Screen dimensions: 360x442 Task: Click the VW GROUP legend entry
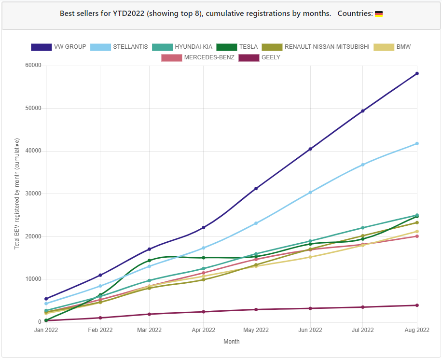[58, 47]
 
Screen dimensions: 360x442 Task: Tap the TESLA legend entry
[237, 47]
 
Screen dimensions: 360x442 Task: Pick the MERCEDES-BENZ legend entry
[198, 57]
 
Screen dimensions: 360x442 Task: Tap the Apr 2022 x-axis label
[203, 330]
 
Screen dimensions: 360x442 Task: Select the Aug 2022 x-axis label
[416, 330]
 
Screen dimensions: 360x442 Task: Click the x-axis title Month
[231, 342]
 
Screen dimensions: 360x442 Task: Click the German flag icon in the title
[379, 14]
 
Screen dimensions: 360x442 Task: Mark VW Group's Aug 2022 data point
[417, 73]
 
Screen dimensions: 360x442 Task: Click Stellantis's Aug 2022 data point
[417, 143]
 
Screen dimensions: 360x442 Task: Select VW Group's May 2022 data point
[256, 188]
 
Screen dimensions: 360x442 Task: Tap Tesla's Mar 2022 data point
[150, 261]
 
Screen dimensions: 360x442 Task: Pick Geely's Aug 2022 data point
[417, 305]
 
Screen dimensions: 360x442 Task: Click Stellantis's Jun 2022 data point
[310, 193]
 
